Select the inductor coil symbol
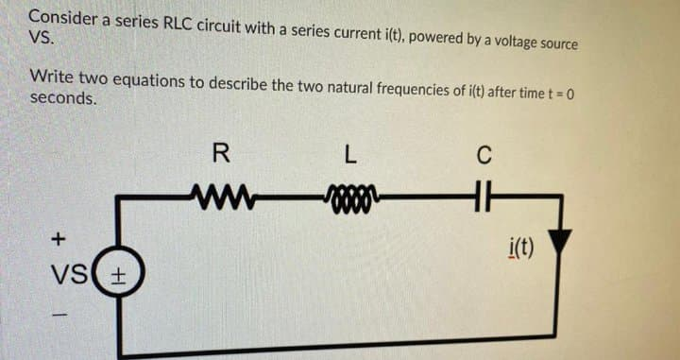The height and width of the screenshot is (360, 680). pos(348,197)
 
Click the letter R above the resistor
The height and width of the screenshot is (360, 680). pos(220,151)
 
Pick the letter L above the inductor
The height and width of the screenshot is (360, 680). pos(348,152)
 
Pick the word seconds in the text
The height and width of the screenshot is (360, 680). pos(61,98)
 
